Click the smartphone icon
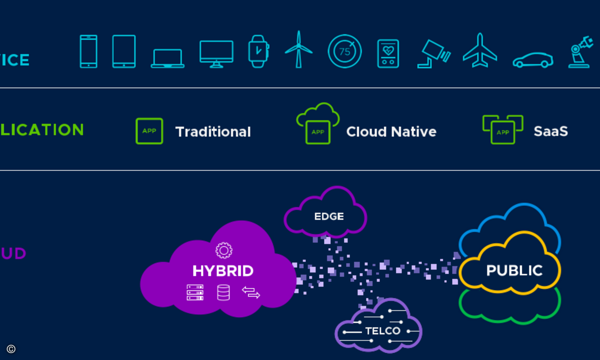tap(88, 51)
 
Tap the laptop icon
tap(167, 58)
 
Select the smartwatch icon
tap(258, 51)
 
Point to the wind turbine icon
tap(298, 49)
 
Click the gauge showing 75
tap(344, 51)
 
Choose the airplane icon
tap(480, 50)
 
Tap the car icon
tap(533, 60)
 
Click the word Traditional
tap(213, 132)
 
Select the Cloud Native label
tap(391, 132)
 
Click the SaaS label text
tap(550, 131)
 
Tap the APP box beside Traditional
tap(149, 131)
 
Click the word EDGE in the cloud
tap(329, 216)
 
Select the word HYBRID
tap(223, 271)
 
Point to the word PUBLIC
tap(514, 270)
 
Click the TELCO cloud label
tap(382, 331)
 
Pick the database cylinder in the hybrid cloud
tap(223, 292)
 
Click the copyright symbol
tap(11, 349)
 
